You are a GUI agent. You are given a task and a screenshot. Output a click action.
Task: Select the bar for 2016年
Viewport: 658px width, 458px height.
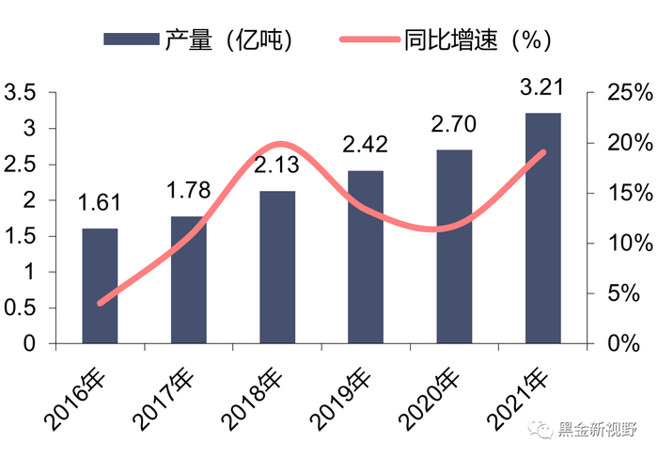pyautogui.click(x=100, y=286)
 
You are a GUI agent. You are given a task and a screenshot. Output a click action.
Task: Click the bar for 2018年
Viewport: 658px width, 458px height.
pyautogui.click(x=277, y=267)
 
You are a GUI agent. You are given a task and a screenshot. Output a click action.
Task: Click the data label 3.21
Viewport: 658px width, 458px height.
pyautogui.click(x=542, y=90)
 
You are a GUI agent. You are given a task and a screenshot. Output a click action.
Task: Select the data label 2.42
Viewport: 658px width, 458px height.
pyautogui.click(x=366, y=146)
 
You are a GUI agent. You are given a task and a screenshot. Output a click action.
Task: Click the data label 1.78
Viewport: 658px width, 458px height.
pyautogui.click(x=188, y=193)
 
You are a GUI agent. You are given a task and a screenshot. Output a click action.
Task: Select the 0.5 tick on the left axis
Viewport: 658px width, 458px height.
pyautogui.click(x=20, y=308)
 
